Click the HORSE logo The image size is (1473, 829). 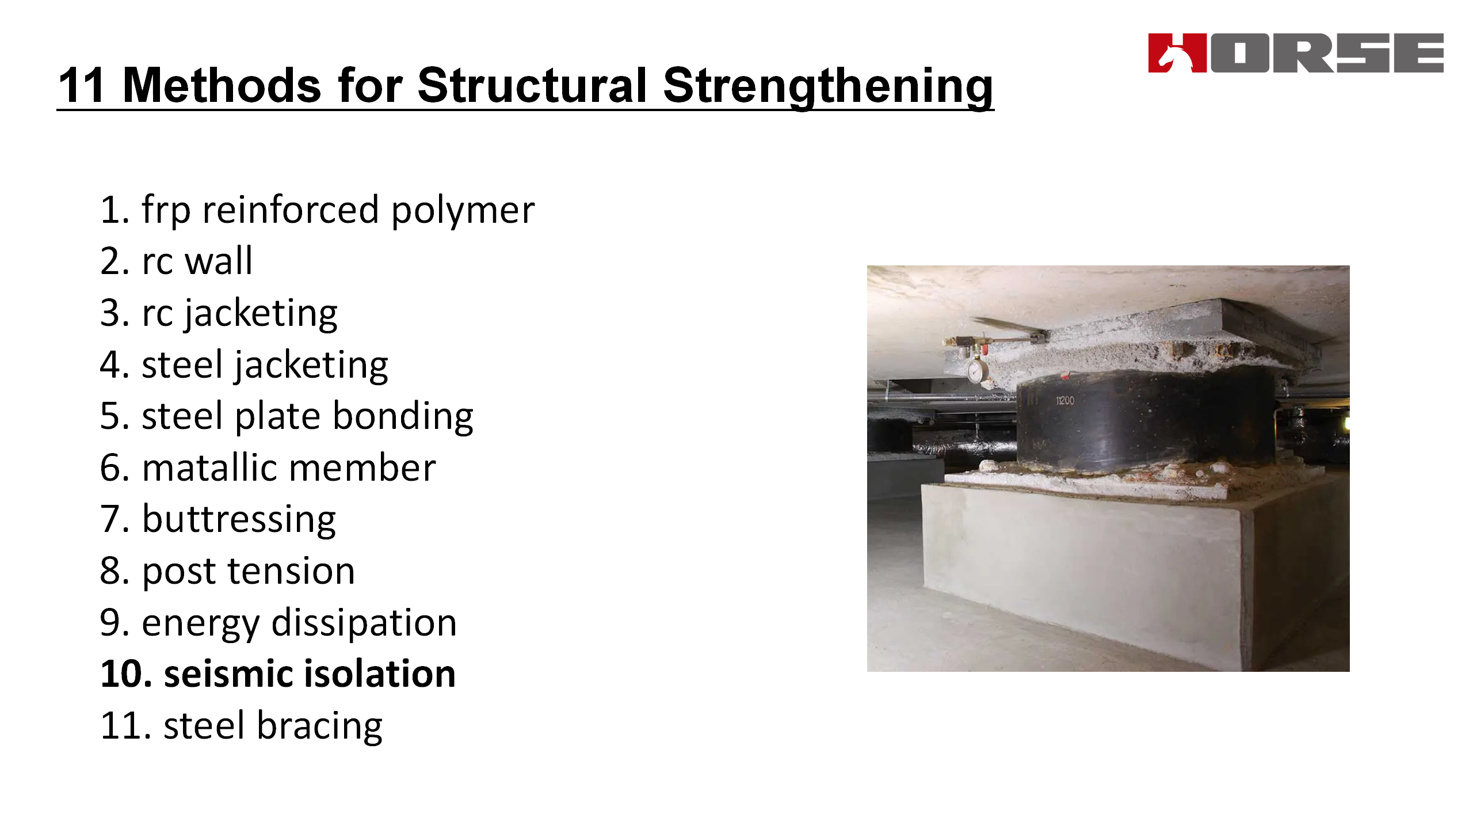click(1296, 53)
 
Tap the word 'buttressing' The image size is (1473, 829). click(239, 520)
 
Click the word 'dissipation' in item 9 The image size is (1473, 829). click(364, 623)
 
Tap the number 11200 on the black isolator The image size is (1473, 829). click(1064, 400)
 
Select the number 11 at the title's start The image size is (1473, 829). click(81, 85)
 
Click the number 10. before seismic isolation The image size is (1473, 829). click(125, 674)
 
